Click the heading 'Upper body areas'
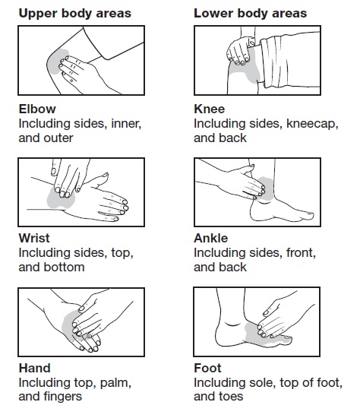(75, 14)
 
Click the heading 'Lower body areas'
(250, 14)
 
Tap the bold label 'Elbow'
(37, 109)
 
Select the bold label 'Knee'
(209, 109)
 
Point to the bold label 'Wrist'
(34, 238)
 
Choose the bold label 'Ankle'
(211, 238)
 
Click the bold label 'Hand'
(35, 368)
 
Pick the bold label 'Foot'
(207, 368)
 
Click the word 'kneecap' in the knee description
(311, 124)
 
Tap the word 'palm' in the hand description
(115, 383)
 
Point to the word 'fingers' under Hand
(63, 397)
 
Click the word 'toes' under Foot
(232, 397)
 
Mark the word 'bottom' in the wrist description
(65, 267)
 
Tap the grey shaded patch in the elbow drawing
(56, 62)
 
